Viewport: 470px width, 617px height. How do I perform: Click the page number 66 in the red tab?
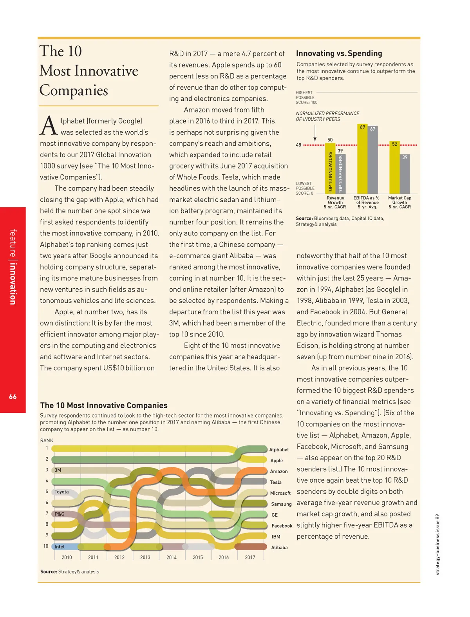click(x=13, y=396)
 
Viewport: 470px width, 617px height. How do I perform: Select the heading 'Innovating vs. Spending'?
click(x=339, y=53)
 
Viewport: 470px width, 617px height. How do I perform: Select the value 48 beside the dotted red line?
click(x=298, y=145)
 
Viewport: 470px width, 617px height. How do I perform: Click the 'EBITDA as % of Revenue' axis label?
click(x=367, y=203)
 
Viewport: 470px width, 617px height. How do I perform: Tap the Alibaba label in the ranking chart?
click(x=279, y=548)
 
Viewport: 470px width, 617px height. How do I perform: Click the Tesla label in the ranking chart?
click(x=276, y=482)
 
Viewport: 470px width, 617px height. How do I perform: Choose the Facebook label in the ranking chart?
click(x=282, y=526)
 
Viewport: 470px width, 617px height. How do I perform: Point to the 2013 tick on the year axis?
click(x=145, y=557)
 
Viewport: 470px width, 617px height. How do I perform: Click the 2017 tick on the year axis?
click(x=250, y=557)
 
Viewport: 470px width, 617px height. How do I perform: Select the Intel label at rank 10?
click(x=60, y=546)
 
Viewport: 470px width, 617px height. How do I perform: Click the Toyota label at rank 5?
click(x=61, y=492)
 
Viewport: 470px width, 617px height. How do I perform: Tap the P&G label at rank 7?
click(x=60, y=514)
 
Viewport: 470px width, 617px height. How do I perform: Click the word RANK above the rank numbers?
click(x=47, y=440)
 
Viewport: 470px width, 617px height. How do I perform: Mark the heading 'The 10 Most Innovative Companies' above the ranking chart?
click(x=104, y=405)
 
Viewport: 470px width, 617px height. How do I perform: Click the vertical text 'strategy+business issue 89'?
click(x=437, y=545)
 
